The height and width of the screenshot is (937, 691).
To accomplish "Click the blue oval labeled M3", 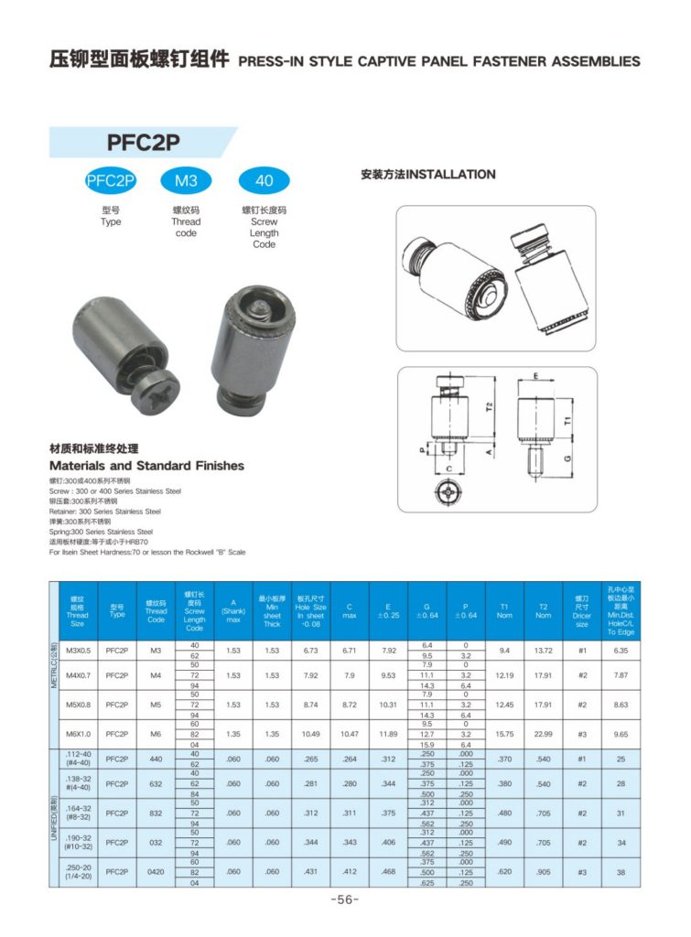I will [186, 181].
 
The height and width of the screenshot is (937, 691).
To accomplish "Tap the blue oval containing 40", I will [264, 181].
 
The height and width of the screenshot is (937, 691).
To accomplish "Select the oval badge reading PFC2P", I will [110, 181].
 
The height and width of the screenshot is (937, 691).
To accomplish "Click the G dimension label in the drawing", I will [569, 457].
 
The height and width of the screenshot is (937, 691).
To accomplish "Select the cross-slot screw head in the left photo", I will [154, 400].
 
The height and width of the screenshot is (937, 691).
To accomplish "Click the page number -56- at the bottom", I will [344, 899].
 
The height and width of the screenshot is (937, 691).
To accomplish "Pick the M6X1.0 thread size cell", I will [77, 734].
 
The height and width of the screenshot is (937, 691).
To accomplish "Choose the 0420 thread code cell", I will [156, 872].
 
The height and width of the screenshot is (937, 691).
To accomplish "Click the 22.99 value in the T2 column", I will [543, 734].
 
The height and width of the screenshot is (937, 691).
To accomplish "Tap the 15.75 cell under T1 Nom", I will [504, 734].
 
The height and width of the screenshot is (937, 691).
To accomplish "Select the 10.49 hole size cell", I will [310, 734].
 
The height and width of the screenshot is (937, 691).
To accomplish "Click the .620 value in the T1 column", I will [504, 872].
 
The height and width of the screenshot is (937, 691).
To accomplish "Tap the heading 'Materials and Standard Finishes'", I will [146, 466].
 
